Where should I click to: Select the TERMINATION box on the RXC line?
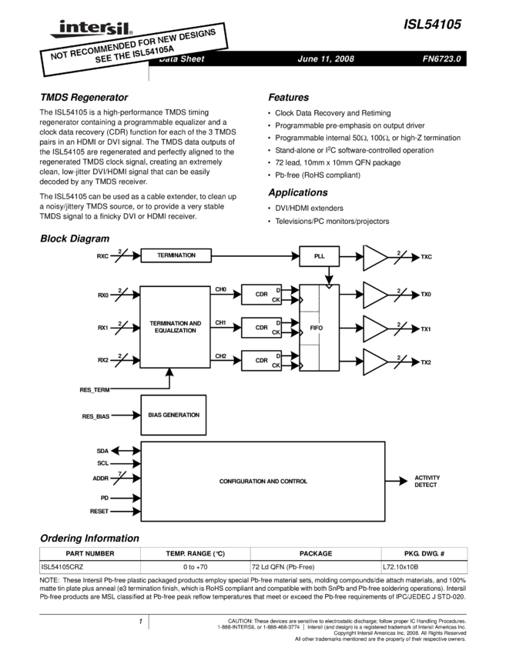[x=176, y=255]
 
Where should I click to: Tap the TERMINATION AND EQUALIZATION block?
[x=175, y=326]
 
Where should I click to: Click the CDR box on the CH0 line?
[x=261, y=295]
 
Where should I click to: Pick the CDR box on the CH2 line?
[x=261, y=360]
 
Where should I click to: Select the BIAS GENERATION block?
[x=173, y=415]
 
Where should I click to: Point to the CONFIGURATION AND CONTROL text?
[x=263, y=482]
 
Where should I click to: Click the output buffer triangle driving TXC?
[x=375, y=256]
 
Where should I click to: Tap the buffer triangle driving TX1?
[x=375, y=328]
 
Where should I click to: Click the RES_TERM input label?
[x=96, y=389]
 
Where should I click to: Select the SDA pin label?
[x=102, y=451]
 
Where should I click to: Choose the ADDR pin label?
[x=101, y=479]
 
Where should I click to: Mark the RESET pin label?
[x=99, y=511]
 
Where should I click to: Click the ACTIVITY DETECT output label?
[x=427, y=482]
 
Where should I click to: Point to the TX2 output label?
[x=426, y=362]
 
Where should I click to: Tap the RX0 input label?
[x=102, y=295]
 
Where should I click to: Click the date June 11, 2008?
[x=325, y=59]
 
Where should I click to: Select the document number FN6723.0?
[x=441, y=59]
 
